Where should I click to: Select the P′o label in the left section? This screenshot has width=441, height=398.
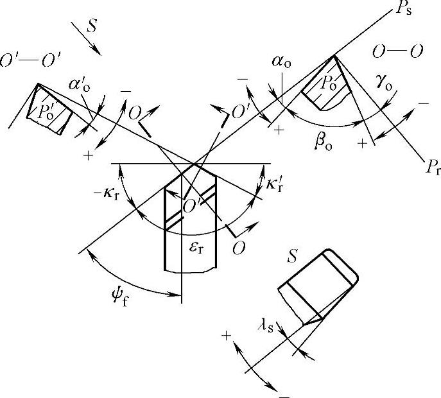coord(46,110)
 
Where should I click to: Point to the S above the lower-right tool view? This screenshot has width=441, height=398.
coord(293,257)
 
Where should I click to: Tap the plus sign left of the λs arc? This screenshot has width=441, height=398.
coord(226,334)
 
